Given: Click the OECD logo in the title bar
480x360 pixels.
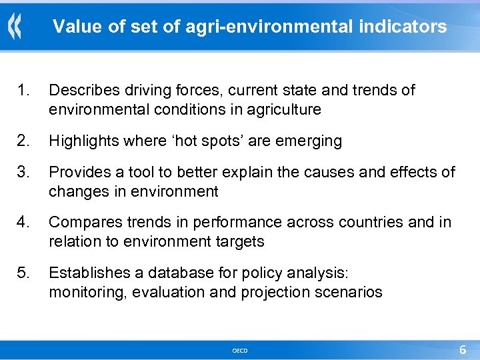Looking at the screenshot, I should click(15, 27).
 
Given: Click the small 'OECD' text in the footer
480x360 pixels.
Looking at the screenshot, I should click(240, 350).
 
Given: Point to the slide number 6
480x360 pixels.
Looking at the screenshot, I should click(463, 349).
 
